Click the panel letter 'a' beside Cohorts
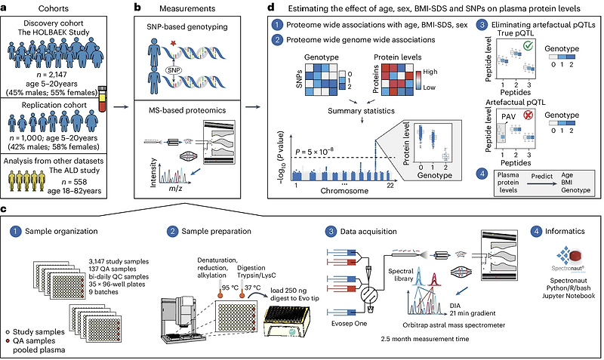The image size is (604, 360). coord(5,8)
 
